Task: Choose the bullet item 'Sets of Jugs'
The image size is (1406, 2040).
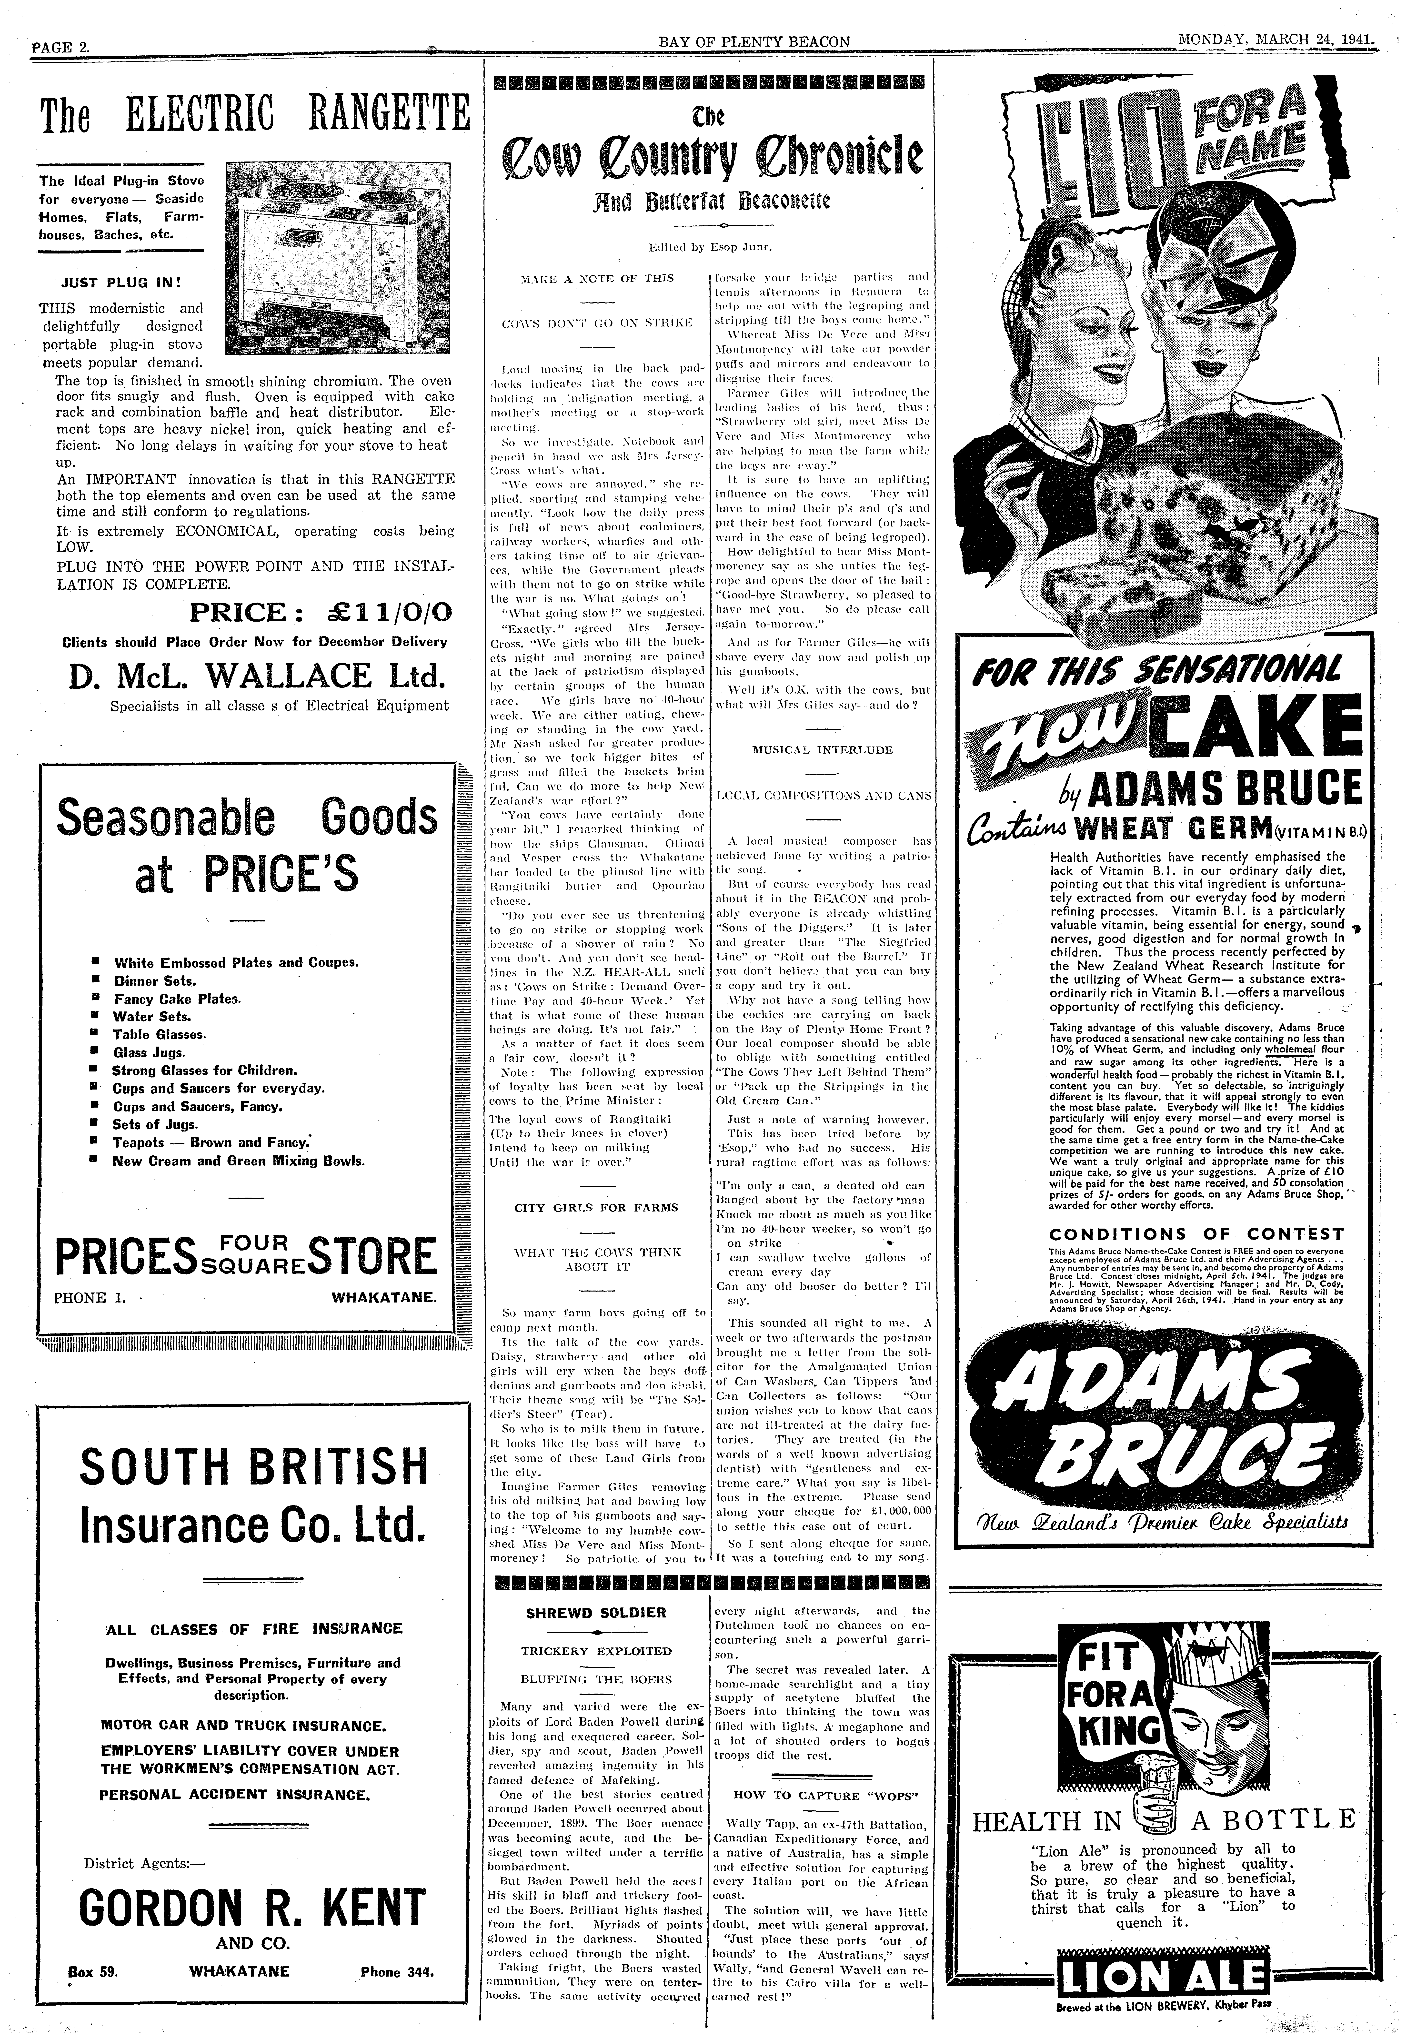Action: pos(155,1124)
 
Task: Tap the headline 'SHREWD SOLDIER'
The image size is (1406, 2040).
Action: pos(595,1613)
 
